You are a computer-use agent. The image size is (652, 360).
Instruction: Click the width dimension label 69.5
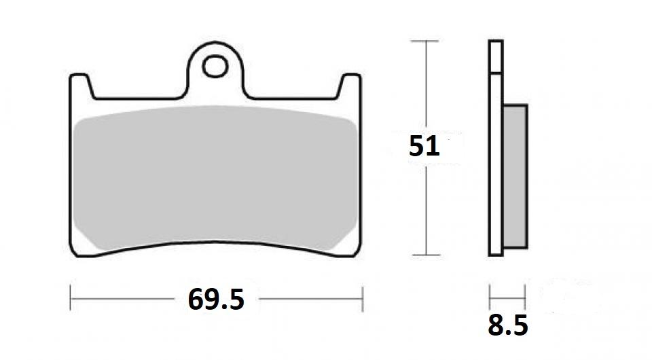click(x=216, y=298)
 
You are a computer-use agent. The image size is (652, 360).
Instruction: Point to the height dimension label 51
click(x=424, y=147)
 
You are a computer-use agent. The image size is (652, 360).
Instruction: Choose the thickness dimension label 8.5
click(x=507, y=326)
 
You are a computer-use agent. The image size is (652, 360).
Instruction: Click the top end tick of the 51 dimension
click(x=425, y=41)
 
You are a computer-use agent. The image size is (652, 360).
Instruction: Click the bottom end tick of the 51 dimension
click(x=425, y=256)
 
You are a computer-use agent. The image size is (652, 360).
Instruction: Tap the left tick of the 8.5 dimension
click(x=490, y=297)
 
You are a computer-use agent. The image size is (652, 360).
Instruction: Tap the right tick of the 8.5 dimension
click(x=525, y=297)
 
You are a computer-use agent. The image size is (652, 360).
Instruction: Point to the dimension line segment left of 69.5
click(x=122, y=298)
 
